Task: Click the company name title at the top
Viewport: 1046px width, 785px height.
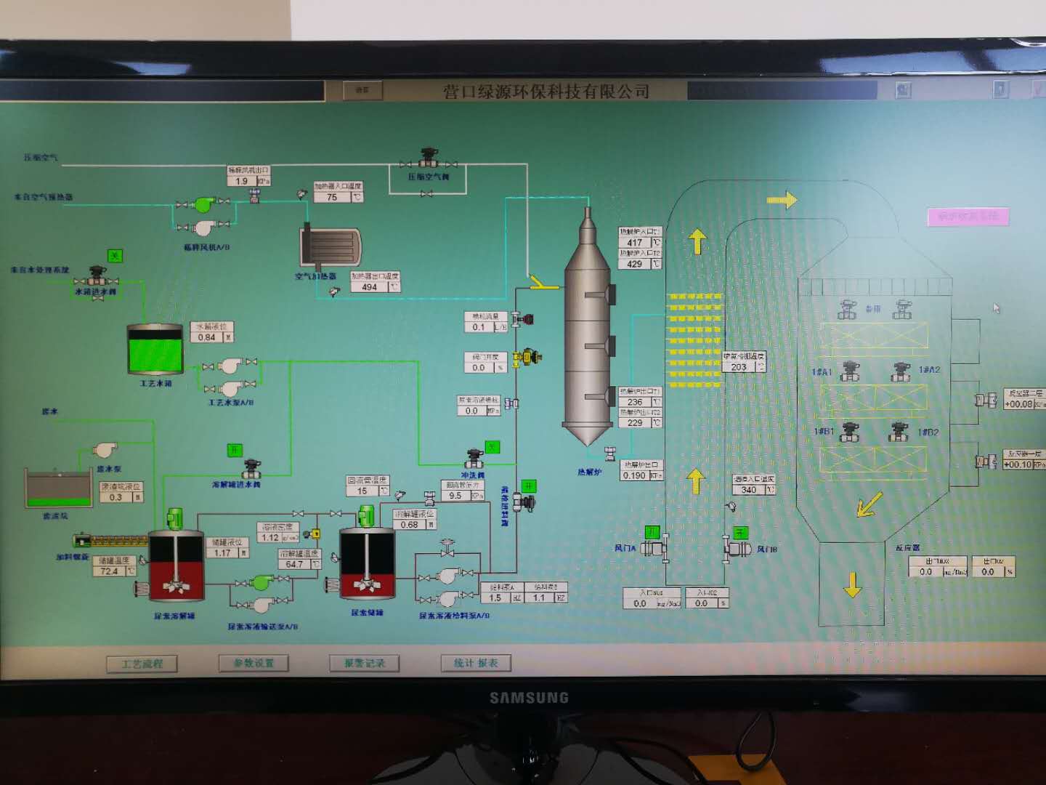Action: [546, 92]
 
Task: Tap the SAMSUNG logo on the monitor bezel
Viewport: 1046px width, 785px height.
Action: [529, 698]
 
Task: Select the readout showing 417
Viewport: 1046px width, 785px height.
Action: [635, 243]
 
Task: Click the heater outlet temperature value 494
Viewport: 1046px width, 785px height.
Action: [370, 287]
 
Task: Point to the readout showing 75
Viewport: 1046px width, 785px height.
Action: [332, 197]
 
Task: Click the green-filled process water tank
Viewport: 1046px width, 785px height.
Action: [155, 348]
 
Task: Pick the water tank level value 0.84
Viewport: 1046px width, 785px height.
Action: [207, 337]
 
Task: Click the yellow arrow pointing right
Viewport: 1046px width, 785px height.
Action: [782, 199]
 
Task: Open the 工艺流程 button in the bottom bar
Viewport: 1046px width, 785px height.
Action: [142, 664]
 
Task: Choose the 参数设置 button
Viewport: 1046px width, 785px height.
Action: [254, 663]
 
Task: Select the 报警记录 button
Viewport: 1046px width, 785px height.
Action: [365, 663]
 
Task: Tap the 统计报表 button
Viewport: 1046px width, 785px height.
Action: [476, 663]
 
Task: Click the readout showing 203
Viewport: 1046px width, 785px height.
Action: [739, 367]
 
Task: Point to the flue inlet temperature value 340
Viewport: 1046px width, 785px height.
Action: [749, 490]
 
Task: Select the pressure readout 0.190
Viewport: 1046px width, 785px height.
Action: [635, 475]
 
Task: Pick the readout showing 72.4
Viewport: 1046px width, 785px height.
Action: [110, 571]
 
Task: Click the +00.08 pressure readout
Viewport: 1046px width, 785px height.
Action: [1018, 404]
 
